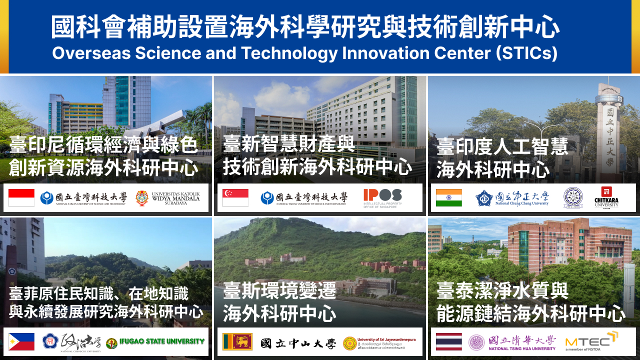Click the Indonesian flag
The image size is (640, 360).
[21, 198]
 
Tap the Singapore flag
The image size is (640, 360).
[235, 198]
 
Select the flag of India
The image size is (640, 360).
[449, 198]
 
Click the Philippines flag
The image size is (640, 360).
[21, 341]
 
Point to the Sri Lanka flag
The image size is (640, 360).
[237, 341]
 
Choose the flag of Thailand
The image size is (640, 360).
[449, 341]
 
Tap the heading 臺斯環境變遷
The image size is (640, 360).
[279, 291]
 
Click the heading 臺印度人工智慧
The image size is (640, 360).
[502, 147]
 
